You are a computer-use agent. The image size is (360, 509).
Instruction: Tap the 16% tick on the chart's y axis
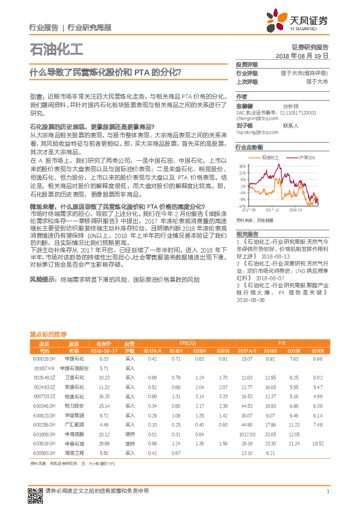click(x=242, y=164)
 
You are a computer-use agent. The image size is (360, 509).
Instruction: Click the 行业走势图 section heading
click(x=249, y=147)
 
